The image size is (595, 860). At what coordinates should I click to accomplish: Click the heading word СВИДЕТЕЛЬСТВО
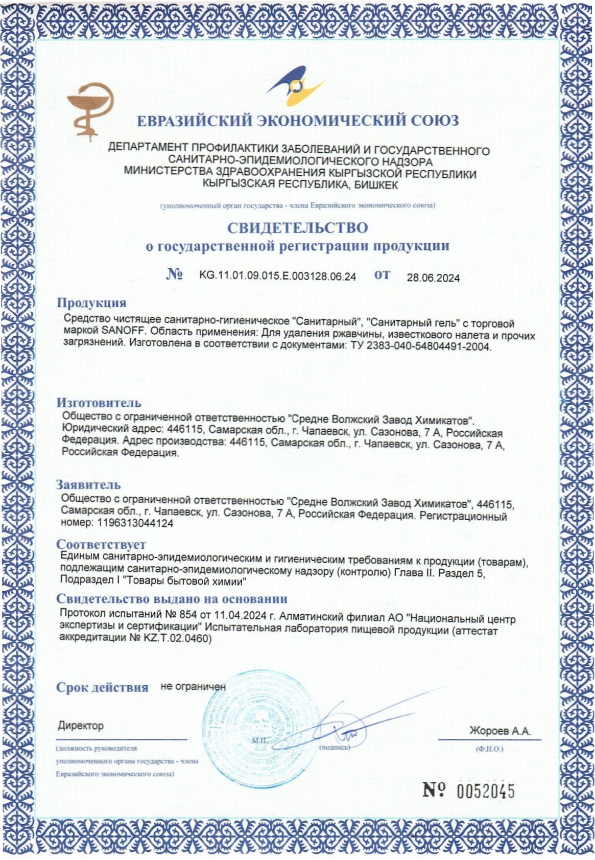[297, 227]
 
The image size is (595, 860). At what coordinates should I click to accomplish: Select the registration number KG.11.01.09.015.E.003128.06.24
[277, 276]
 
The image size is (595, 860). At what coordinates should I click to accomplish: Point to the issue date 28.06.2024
[433, 278]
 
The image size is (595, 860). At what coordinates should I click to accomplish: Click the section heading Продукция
[91, 303]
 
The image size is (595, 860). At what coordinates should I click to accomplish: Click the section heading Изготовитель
[99, 403]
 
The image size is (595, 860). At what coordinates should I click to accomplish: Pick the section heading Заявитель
[88, 484]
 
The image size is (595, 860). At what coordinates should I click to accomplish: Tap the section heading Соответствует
[101, 544]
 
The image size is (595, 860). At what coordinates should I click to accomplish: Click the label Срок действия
[102, 687]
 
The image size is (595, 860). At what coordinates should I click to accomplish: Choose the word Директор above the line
[81, 726]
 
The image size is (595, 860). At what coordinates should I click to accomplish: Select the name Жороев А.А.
[499, 731]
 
